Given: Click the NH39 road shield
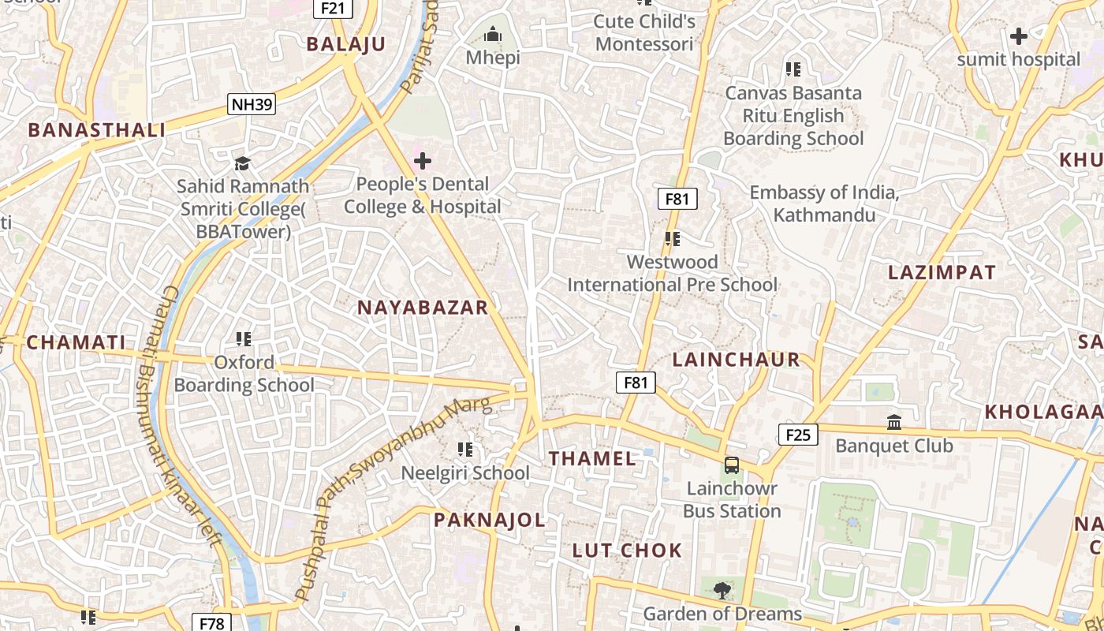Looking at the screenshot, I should [252, 104].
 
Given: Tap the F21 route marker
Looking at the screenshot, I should [333, 8].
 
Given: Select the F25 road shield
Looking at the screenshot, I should [798, 435].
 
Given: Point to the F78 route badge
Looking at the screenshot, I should [211, 623].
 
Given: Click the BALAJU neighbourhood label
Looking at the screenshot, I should [346, 44].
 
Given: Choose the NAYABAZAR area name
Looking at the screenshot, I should [423, 308].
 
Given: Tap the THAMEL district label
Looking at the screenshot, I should [592, 458].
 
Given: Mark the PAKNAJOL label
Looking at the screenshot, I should [489, 520].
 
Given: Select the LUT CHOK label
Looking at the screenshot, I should [627, 551].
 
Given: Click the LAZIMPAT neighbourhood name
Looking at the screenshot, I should [942, 273].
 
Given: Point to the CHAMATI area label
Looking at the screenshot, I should [76, 342].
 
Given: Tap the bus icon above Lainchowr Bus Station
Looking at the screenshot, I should [732, 465].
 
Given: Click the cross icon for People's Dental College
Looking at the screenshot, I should [423, 162].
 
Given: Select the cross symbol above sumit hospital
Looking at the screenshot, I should [1018, 36].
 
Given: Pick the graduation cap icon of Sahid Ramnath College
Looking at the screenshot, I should [243, 163].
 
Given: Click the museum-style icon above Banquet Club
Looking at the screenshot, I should [894, 423].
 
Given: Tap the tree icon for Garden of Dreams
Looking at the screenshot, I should [722, 590].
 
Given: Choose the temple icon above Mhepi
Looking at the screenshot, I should [493, 35].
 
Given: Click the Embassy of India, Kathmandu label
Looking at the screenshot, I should [824, 203].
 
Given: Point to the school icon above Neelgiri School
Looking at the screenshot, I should [465, 450].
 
